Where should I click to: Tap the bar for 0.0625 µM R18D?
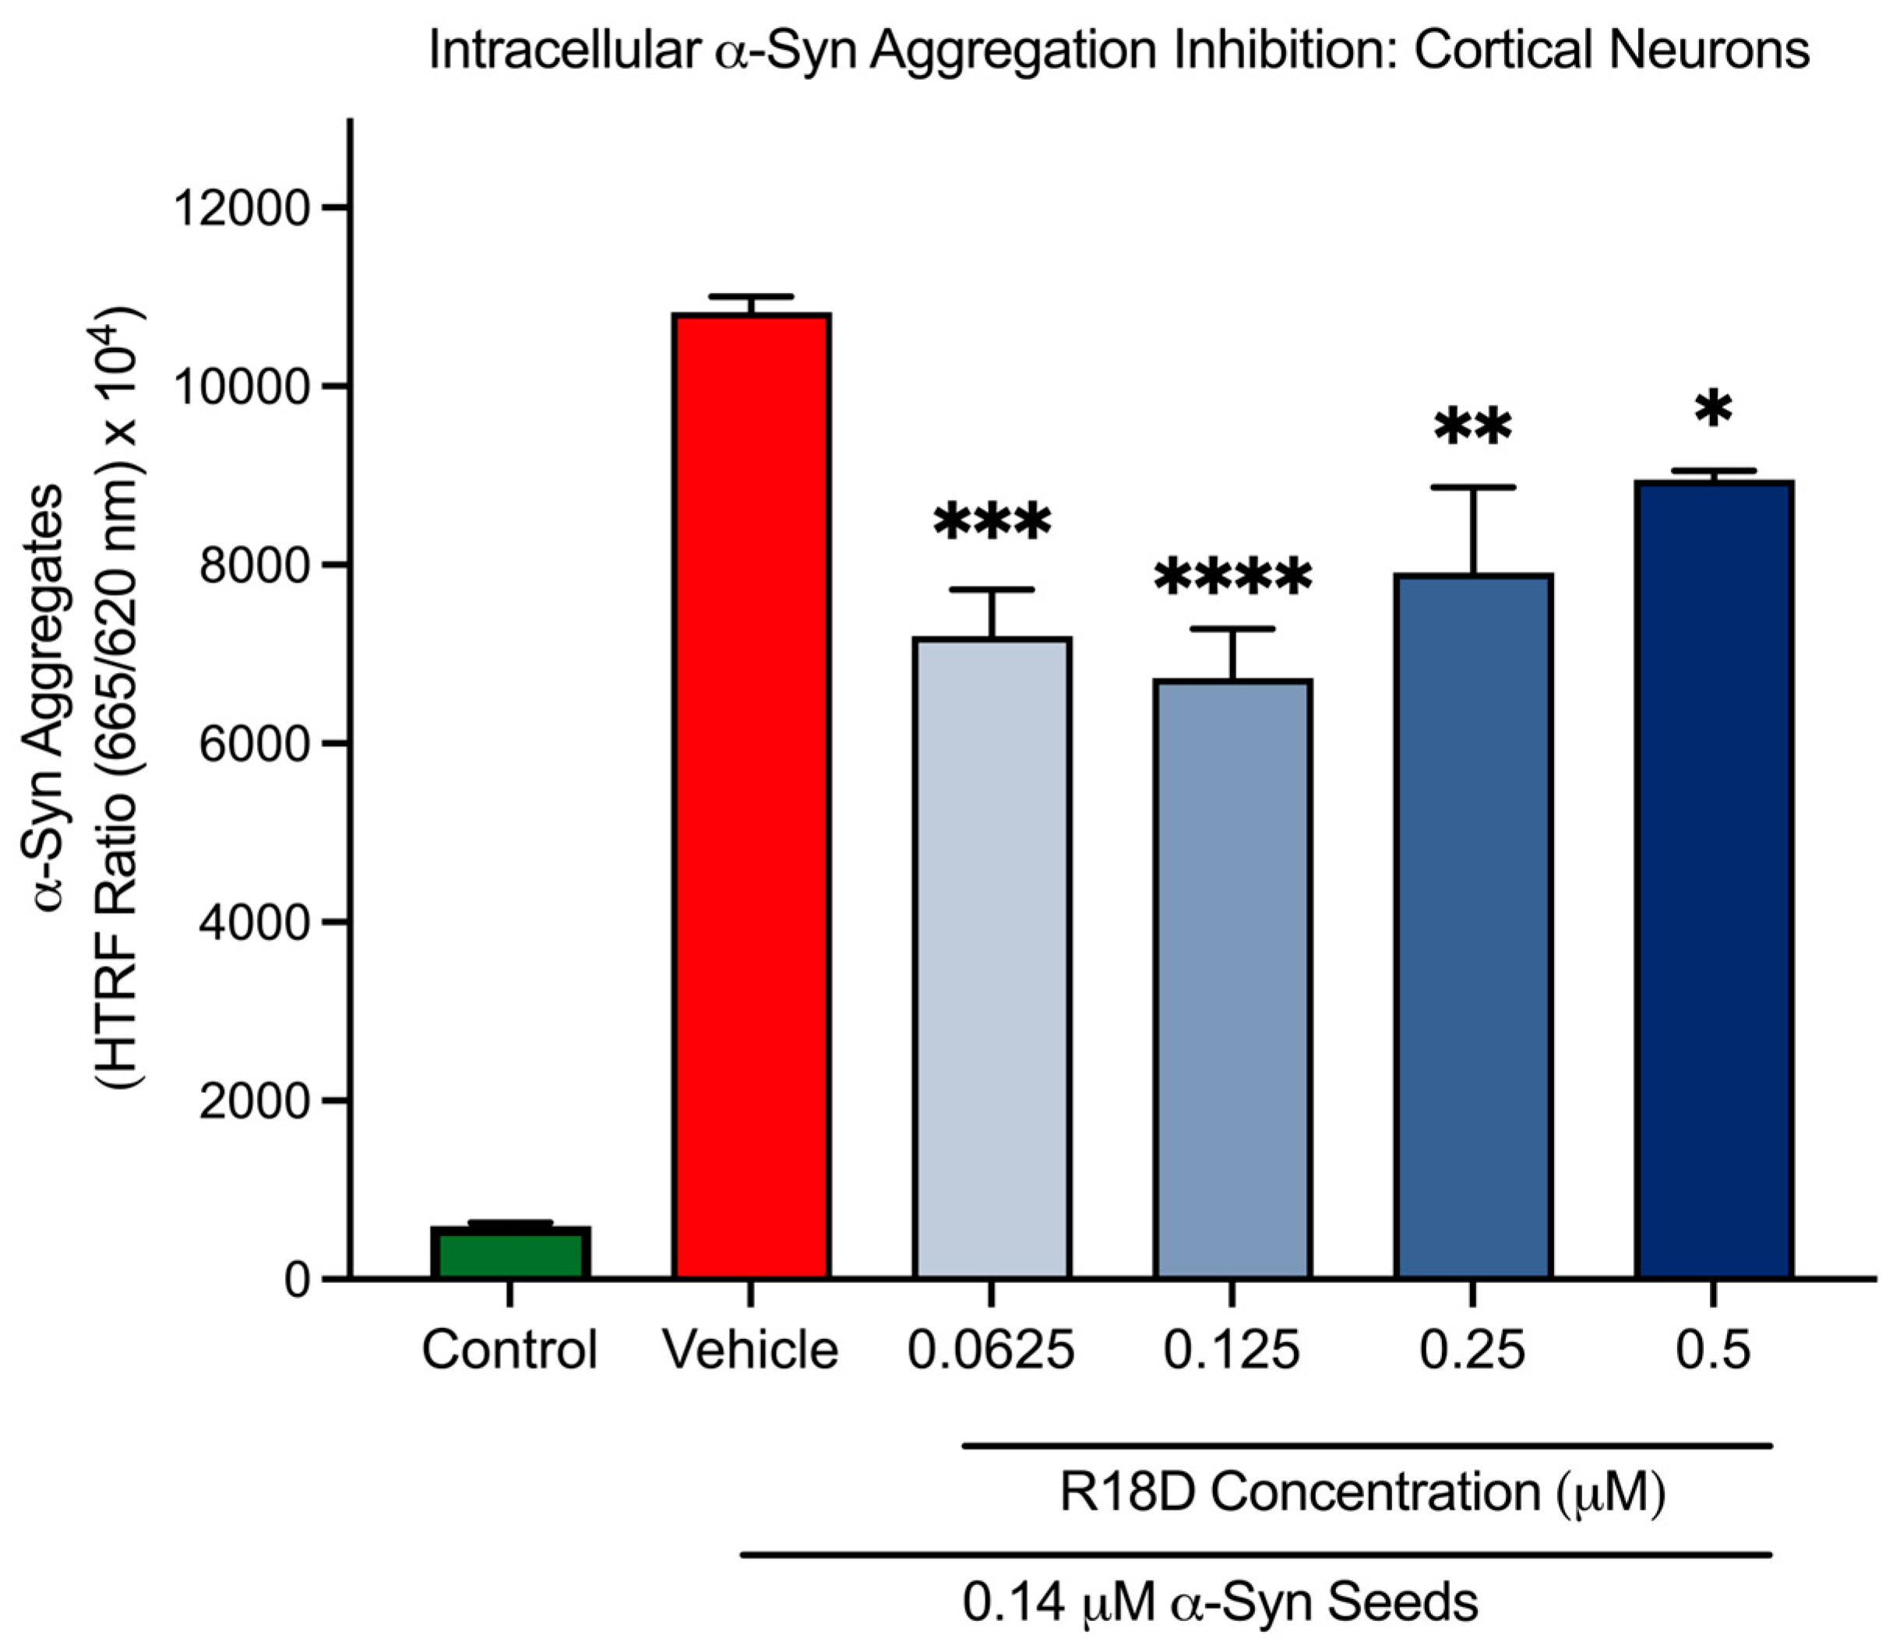[x=992, y=957]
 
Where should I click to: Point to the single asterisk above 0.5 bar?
[x=1713, y=411]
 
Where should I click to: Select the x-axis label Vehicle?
[x=751, y=1350]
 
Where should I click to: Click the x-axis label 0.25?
[x=1472, y=1350]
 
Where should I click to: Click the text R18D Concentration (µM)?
[x=1362, y=1492]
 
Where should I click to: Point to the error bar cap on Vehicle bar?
[x=751, y=296]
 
